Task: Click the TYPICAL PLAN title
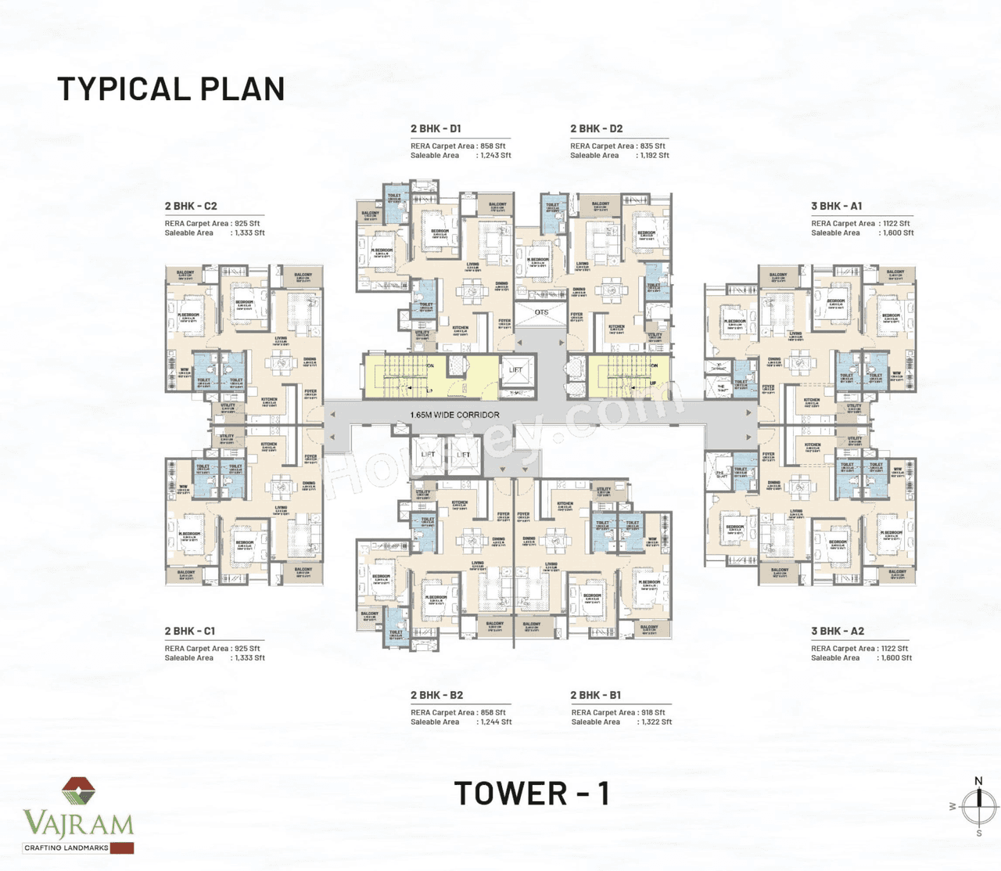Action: tap(170, 89)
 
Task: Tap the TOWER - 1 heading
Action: tap(532, 794)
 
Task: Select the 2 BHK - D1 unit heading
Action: tap(436, 128)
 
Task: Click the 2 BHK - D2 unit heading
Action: tap(596, 128)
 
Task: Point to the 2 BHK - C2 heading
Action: tap(191, 206)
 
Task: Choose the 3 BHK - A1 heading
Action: tap(836, 206)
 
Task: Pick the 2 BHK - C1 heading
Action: tap(189, 631)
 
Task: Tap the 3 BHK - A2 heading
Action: tap(837, 631)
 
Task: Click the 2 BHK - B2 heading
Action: tap(436, 695)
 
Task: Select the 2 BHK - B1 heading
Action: tap(595, 695)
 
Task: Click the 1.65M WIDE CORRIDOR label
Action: tap(454, 415)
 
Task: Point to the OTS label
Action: tap(541, 312)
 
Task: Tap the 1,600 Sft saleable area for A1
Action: tap(896, 233)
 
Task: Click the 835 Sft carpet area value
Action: tap(652, 146)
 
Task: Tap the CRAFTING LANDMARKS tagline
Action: tap(66, 848)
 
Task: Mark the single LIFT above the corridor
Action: tap(516, 370)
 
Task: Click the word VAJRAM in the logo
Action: tap(78, 824)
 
